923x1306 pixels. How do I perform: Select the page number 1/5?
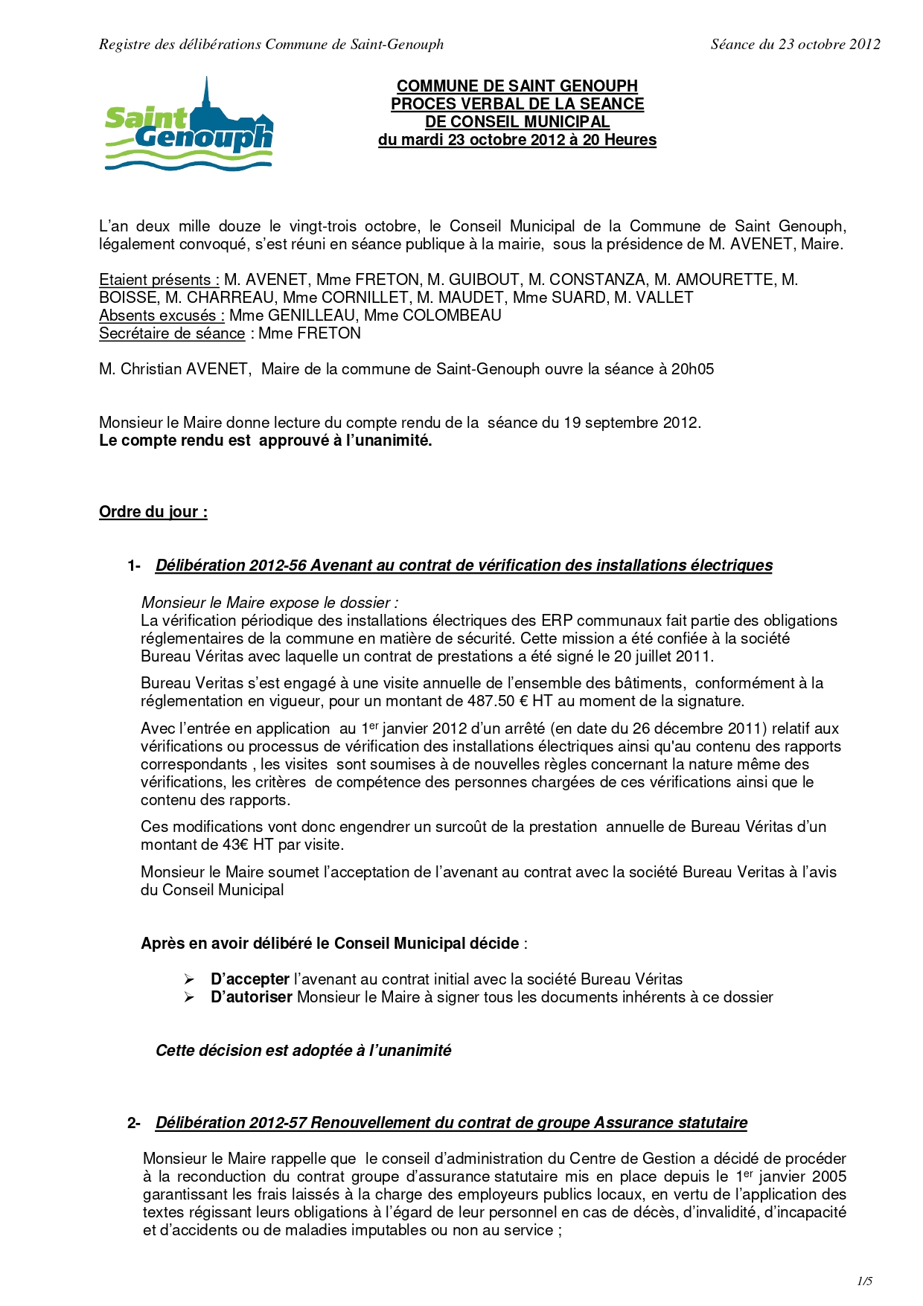coord(864,1281)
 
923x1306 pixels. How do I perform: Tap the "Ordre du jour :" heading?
coord(153,512)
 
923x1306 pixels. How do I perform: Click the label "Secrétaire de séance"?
coord(172,333)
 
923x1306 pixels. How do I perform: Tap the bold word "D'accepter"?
coord(250,979)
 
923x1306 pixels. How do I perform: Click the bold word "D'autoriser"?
coord(252,997)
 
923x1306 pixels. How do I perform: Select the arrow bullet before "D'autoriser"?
coord(189,997)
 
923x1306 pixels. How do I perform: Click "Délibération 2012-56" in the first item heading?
coord(231,566)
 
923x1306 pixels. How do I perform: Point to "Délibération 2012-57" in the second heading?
coord(231,1123)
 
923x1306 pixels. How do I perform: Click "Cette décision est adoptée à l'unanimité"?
coord(303,1051)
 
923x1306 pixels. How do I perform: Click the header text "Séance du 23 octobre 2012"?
coord(795,45)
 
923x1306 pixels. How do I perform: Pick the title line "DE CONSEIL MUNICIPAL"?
coord(517,122)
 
